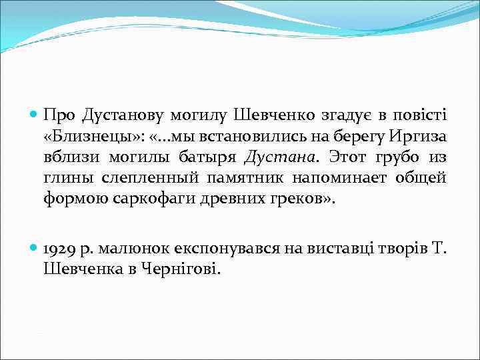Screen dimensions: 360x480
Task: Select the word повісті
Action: [423, 115]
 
